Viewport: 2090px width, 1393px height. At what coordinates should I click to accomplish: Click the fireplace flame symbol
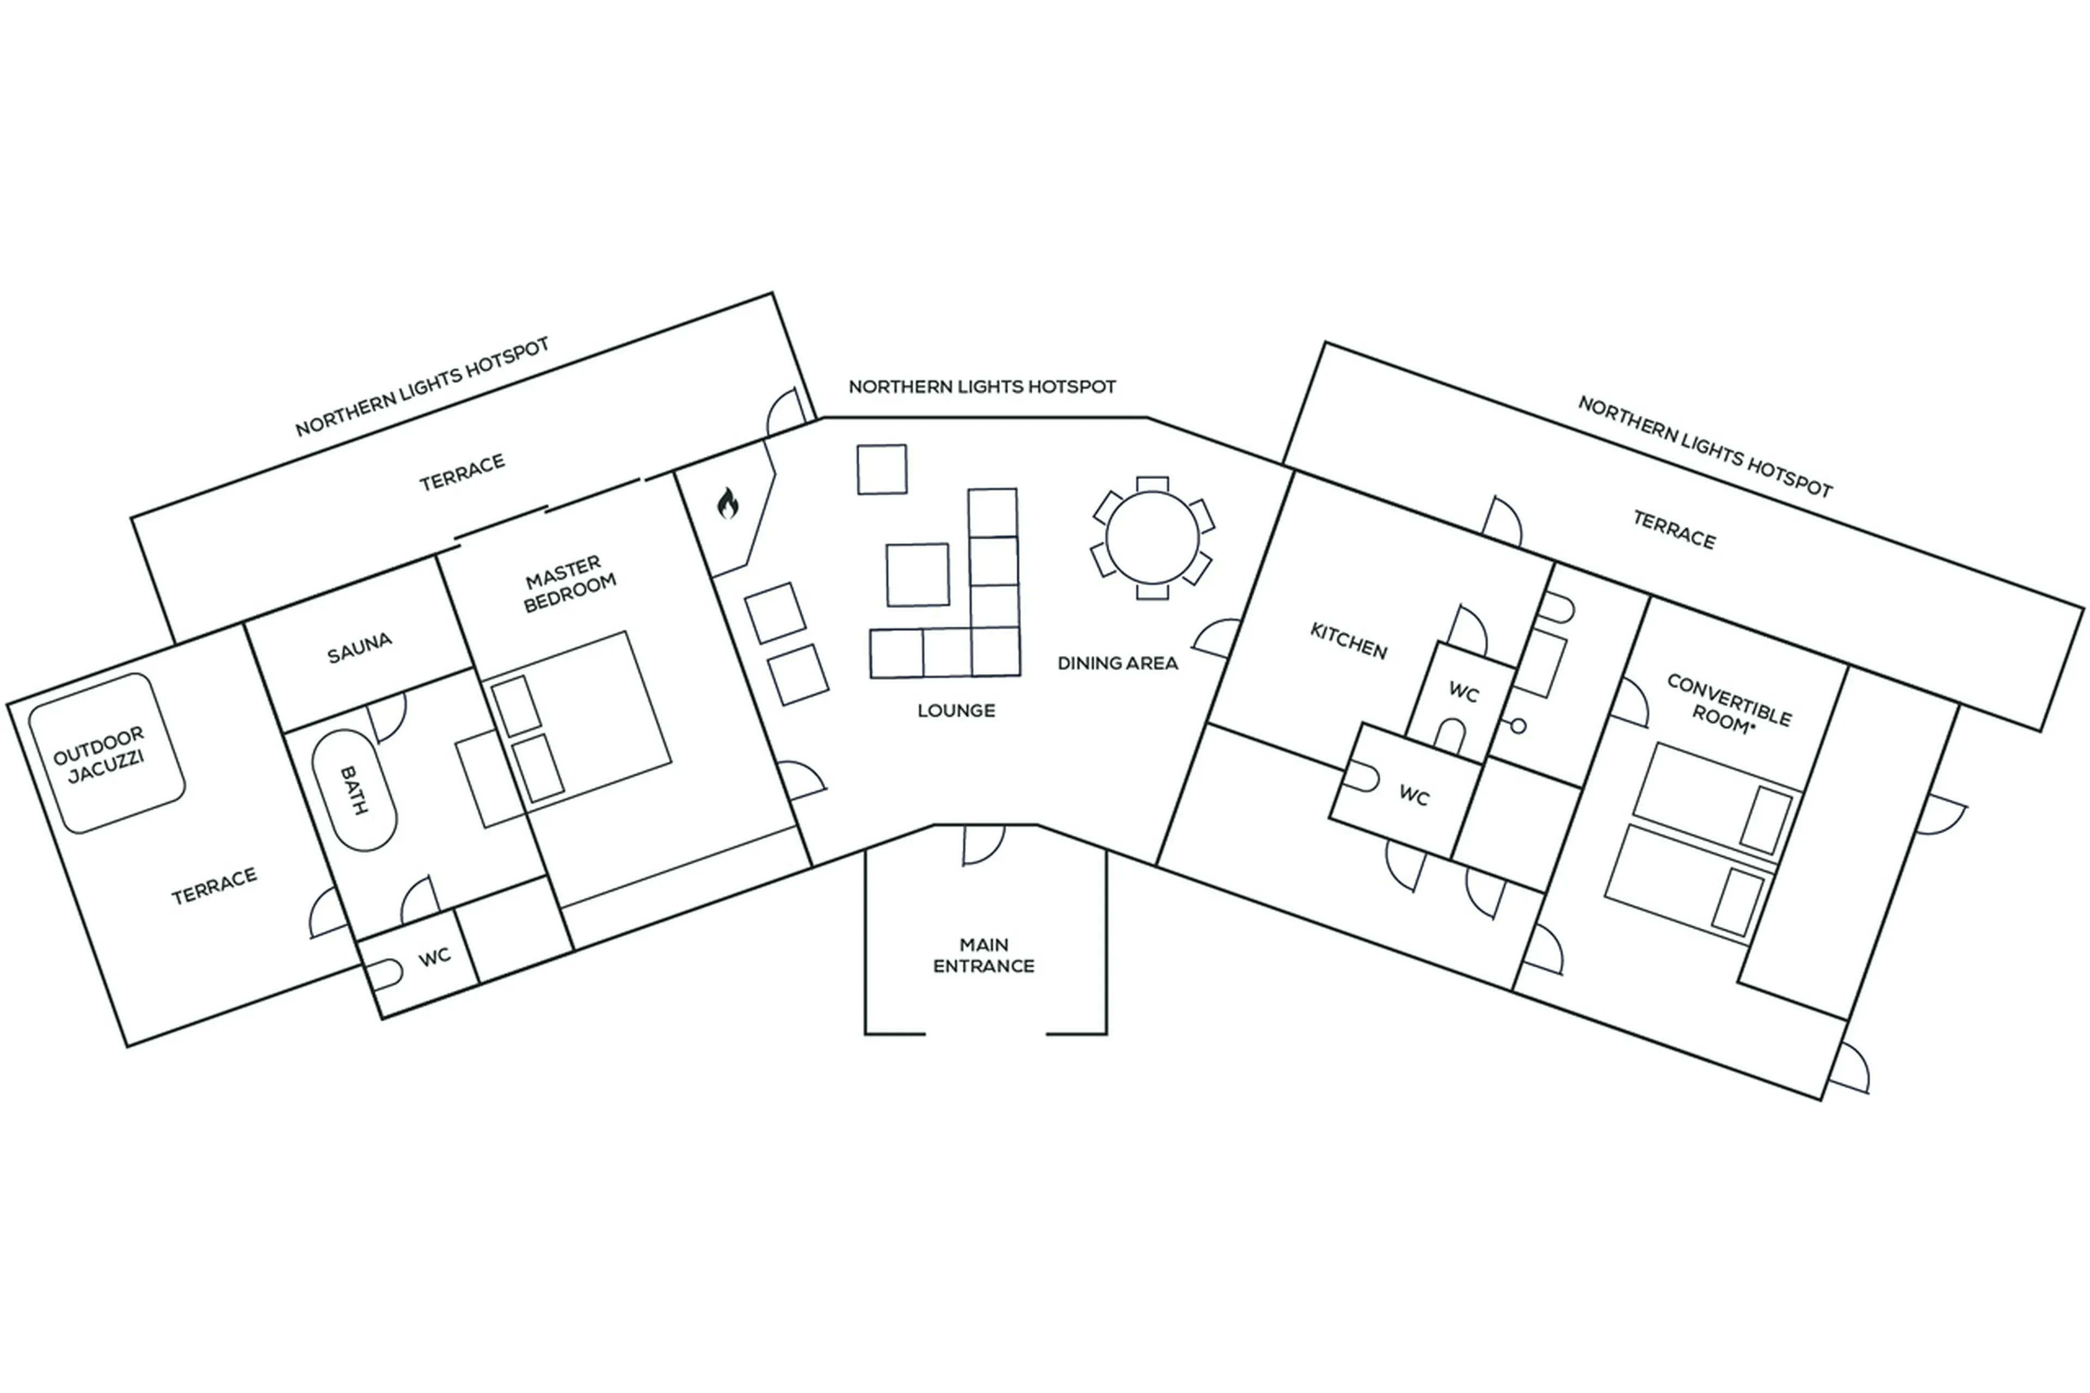tap(728, 504)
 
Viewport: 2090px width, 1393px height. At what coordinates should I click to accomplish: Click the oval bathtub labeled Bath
tap(354, 790)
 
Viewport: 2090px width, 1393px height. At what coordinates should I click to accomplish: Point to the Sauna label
tap(359, 648)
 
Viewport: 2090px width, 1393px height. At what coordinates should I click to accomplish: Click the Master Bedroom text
tap(568, 584)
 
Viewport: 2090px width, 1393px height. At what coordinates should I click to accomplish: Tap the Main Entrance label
tap(983, 955)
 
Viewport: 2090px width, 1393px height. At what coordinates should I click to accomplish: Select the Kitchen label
tap(1348, 641)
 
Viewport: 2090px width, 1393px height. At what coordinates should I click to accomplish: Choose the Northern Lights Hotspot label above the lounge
tap(981, 386)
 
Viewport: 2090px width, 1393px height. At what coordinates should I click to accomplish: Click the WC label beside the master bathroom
tap(434, 957)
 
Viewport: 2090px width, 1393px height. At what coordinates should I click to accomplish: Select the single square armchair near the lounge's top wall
tap(881, 469)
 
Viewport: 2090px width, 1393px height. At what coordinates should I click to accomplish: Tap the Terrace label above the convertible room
tap(1674, 530)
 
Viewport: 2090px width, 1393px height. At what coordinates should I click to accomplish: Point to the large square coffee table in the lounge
tap(917, 575)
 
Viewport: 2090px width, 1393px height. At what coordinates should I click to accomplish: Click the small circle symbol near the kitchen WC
tap(1518, 726)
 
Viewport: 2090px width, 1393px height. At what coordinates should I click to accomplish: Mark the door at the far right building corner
tap(1850, 1071)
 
